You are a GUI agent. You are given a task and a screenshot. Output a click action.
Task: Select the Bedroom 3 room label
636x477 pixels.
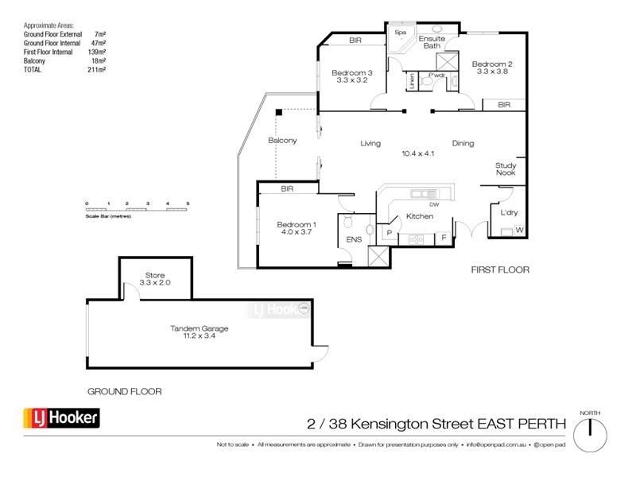pyautogui.click(x=351, y=76)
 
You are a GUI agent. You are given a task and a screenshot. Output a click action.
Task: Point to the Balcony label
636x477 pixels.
pyautogui.click(x=282, y=141)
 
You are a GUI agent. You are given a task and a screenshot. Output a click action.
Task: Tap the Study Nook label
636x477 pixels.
pyautogui.click(x=506, y=169)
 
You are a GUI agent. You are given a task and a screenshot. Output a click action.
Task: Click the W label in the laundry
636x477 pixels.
pyautogui.click(x=519, y=231)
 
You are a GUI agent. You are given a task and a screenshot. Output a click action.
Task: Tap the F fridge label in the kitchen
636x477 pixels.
pyautogui.click(x=444, y=238)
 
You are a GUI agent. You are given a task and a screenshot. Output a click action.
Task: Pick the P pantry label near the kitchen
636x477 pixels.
pyautogui.click(x=389, y=233)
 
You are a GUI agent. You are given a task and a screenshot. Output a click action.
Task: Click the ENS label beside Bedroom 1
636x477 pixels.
pyautogui.click(x=353, y=239)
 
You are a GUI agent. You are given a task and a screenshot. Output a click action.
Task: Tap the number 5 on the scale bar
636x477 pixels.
pyautogui.click(x=188, y=204)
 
